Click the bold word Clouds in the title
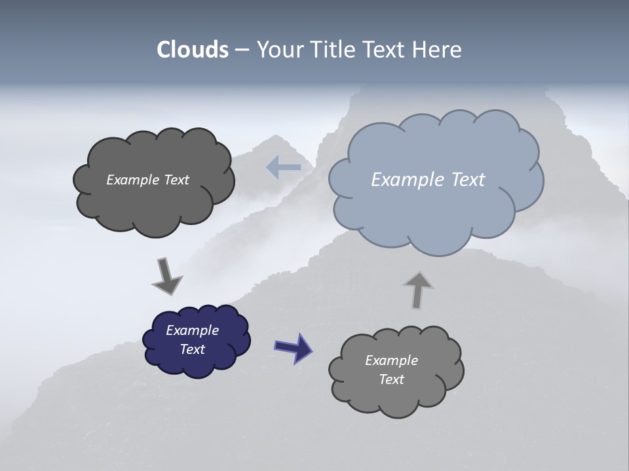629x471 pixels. coord(192,50)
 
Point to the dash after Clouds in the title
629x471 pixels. coord(241,50)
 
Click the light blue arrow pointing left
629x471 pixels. coord(284,167)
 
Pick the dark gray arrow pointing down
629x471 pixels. coord(166,275)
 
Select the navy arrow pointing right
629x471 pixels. coord(293,347)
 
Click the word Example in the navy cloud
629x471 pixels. coord(193,330)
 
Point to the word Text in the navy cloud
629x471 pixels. coord(193,349)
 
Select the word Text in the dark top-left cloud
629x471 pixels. coord(176,180)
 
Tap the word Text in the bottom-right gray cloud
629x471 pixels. coord(391,379)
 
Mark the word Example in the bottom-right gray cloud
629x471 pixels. coord(391,360)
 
